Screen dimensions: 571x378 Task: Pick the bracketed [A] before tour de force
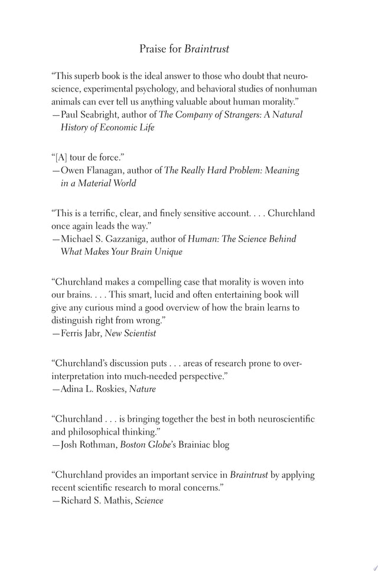click(x=61, y=157)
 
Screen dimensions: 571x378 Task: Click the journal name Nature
click(x=143, y=389)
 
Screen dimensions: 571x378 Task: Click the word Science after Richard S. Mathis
click(x=150, y=500)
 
